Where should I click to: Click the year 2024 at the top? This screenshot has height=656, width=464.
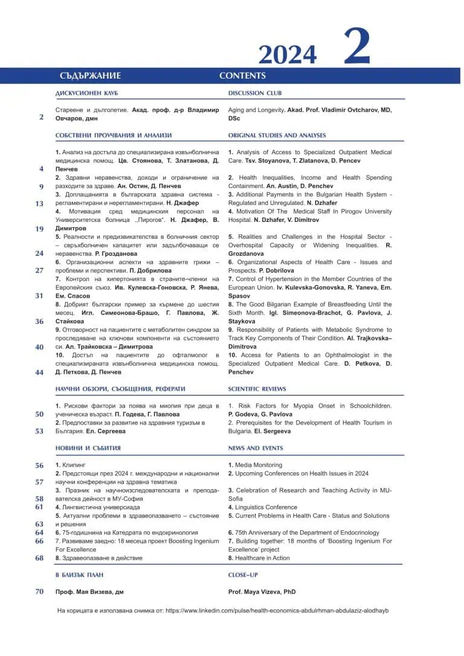(287, 54)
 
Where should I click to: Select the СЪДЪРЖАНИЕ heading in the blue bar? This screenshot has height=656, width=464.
(90, 76)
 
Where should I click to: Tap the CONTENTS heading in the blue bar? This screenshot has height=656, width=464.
(242, 76)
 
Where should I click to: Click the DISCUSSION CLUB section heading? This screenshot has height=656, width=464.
(254, 93)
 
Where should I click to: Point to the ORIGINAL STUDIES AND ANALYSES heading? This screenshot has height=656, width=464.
(277, 135)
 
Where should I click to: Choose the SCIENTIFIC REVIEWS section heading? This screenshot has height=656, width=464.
(257, 389)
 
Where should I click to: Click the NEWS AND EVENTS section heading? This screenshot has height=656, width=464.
(255, 448)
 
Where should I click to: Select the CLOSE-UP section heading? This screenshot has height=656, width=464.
(243, 575)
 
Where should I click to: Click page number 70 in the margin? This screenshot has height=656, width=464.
(39, 592)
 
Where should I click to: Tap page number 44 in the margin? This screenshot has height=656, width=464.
(39, 372)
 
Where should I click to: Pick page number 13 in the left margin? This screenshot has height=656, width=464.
(39, 204)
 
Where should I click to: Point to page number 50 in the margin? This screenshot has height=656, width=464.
(39, 414)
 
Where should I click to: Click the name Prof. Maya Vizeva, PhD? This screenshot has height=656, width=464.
(262, 592)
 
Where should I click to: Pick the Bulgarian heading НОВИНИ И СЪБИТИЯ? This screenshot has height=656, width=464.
(88, 448)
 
